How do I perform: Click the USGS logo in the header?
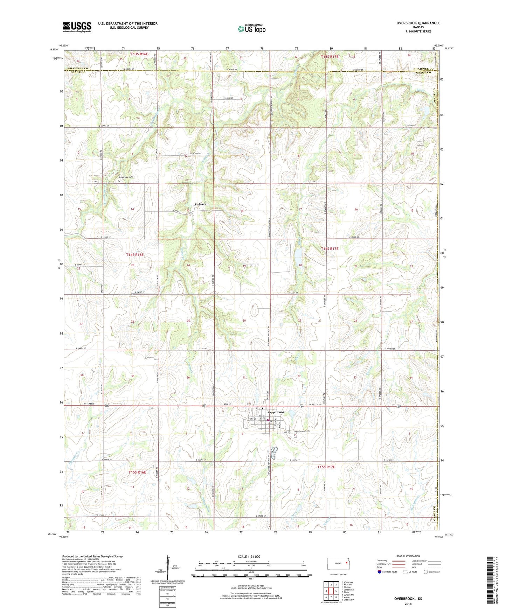[x=77, y=27]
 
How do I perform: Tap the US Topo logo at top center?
[x=251, y=29]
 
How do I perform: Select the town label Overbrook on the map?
[x=276, y=412]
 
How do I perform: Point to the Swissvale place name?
[x=202, y=204]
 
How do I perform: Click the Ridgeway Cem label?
[x=127, y=177]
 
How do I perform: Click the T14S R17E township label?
[x=330, y=248]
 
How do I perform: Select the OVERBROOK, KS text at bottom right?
[x=408, y=599]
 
